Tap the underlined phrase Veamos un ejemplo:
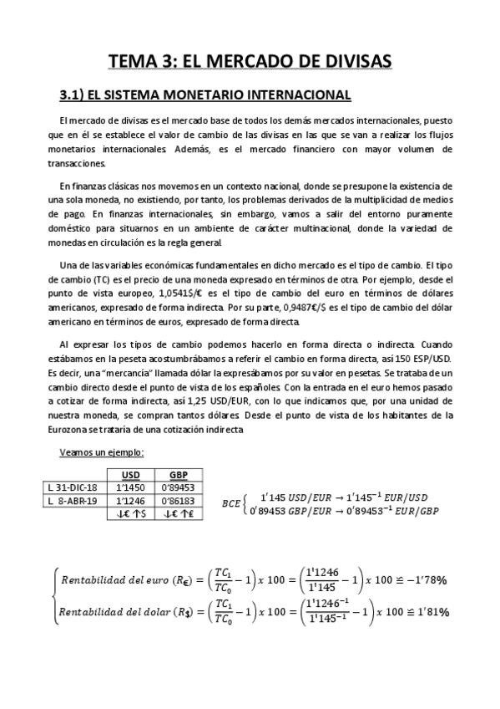(x=102, y=453)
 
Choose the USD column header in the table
(x=131, y=473)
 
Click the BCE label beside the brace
(x=230, y=503)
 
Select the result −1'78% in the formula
(x=430, y=578)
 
